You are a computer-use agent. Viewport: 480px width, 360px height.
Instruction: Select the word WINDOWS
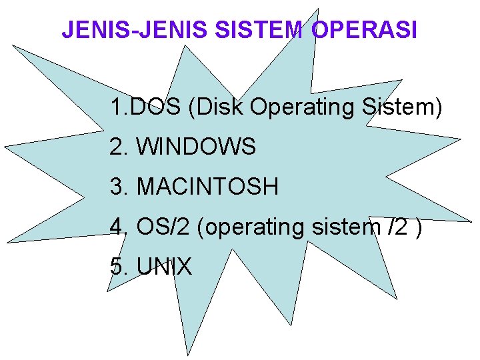click(x=196, y=147)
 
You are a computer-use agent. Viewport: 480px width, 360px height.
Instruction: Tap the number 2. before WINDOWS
click(x=119, y=147)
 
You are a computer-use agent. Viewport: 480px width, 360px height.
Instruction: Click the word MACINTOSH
click(x=207, y=187)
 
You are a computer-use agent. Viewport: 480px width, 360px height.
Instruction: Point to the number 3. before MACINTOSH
click(x=119, y=187)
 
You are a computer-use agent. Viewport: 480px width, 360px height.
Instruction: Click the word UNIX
click(x=164, y=267)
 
